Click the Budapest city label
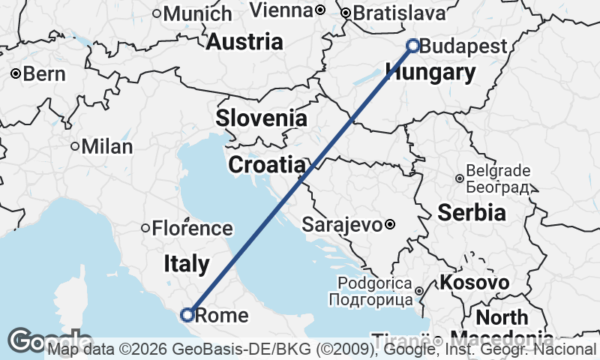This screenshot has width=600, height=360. tap(463, 46)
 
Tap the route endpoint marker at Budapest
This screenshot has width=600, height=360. tap(412, 46)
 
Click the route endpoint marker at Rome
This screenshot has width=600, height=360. tap(187, 314)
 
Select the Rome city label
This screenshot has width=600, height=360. tap(221, 315)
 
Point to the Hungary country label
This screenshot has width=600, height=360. tap(430, 73)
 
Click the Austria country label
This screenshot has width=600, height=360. tap(244, 42)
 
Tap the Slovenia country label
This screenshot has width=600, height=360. tap(261, 118)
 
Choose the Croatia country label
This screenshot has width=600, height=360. tap(267, 165)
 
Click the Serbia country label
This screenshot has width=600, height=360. tap(472, 212)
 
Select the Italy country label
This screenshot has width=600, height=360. tap(187, 263)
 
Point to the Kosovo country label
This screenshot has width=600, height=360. tap(475, 283)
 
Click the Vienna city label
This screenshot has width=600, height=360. tap(280, 10)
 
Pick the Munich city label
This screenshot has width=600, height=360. tap(197, 13)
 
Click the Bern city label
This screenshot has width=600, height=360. tap(44, 73)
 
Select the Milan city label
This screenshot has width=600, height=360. tap(106, 146)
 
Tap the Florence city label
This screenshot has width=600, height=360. tap(192, 228)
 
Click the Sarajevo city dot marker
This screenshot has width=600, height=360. tap(390, 223)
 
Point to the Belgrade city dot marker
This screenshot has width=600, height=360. tap(459, 178)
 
